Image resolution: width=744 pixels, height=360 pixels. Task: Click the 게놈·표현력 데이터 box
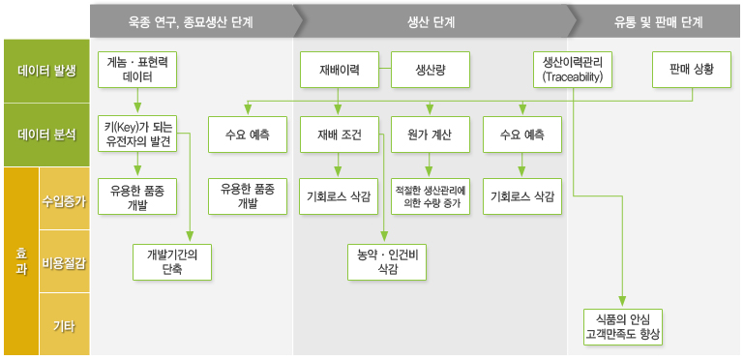point(137,69)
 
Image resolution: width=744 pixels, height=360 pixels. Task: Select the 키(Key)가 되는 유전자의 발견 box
point(137,134)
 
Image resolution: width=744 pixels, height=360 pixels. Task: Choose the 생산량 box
point(430,69)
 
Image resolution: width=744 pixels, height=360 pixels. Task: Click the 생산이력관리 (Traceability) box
point(573,69)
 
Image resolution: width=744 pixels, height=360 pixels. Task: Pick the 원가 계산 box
point(430,134)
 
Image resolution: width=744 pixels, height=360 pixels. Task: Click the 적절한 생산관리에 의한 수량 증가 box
point(430,195)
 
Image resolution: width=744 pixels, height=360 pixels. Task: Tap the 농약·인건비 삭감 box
point(386,261)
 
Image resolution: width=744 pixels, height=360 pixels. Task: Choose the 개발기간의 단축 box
point(172,261)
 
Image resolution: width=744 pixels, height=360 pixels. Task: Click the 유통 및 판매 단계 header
point(658,19)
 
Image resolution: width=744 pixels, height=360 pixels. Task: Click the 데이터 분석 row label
point(45,135)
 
